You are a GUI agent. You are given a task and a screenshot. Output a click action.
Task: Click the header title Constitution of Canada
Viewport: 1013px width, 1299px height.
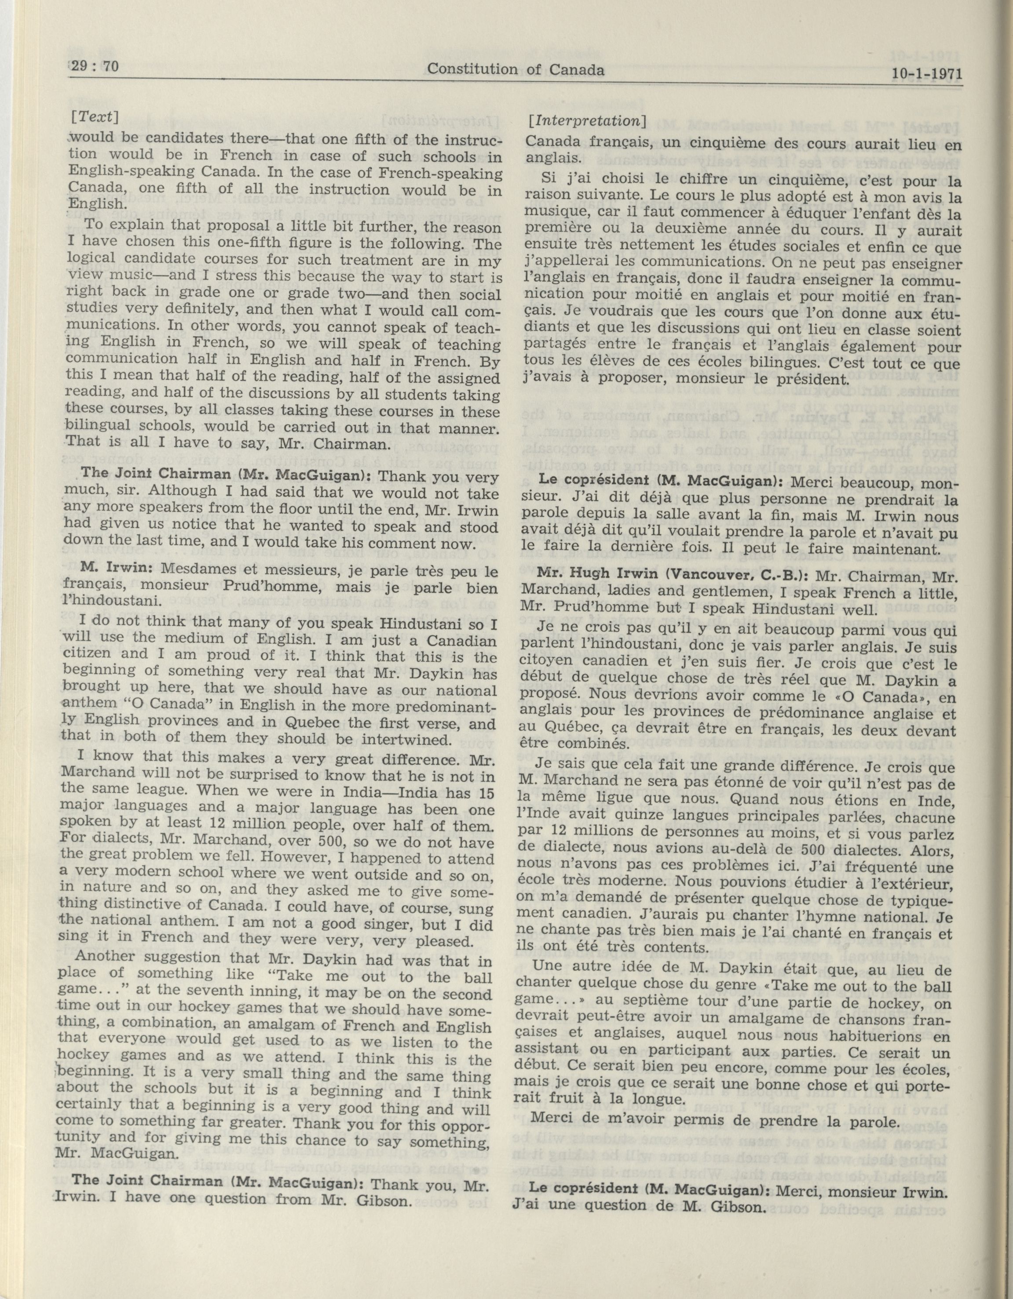(x=516, y=69)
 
